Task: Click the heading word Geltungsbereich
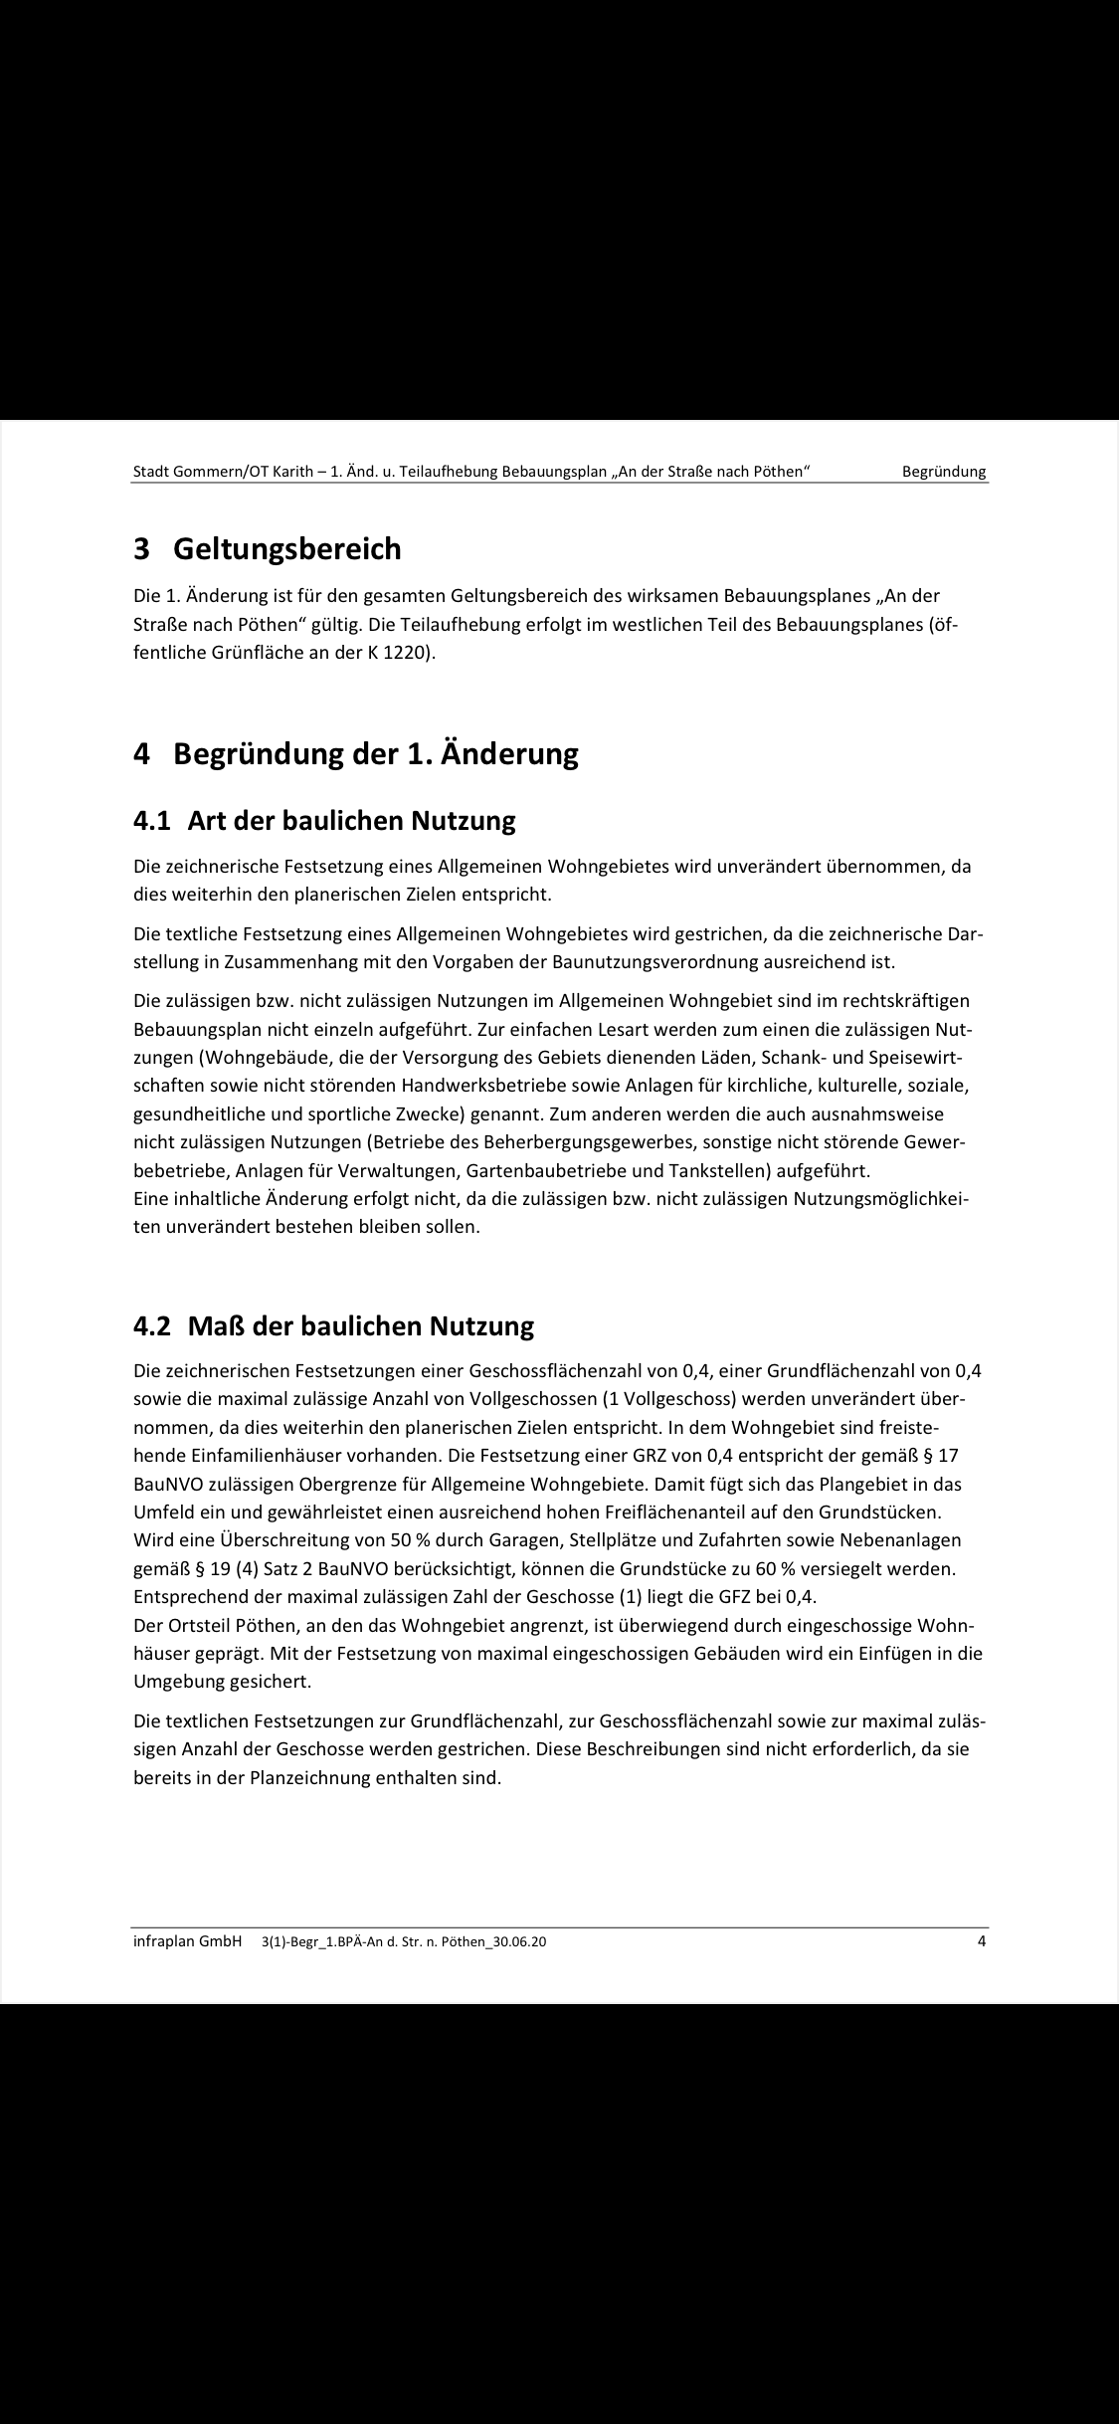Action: pos(287,548)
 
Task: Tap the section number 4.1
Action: pos(154,821)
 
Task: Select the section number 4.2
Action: pos(154,1326)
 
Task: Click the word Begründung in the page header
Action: pos(944,472)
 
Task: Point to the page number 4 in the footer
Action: pos(982,1941)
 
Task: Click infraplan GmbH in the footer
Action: pos(187,1941)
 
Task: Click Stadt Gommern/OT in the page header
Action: pos(198,472)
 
